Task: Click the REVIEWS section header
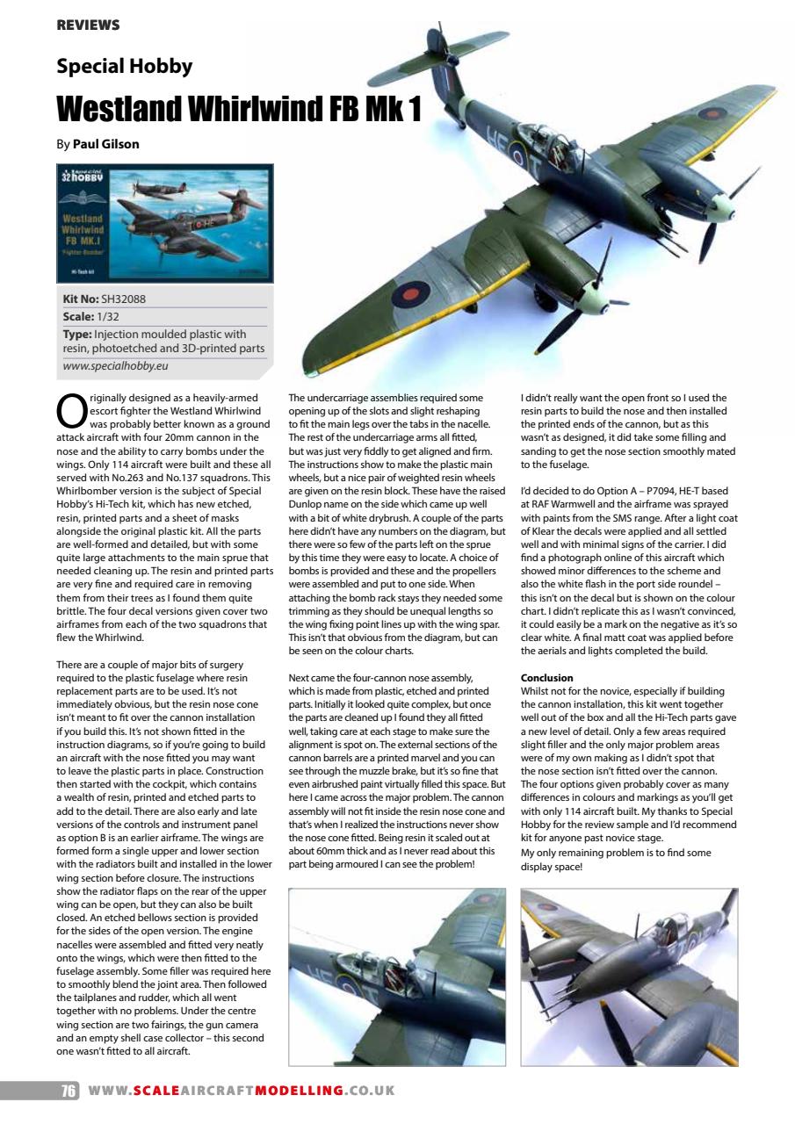[88, 25]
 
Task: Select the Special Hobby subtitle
[124, 66]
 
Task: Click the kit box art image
[165, 223]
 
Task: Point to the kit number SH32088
[124, 299]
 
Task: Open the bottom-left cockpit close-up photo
[397, 977]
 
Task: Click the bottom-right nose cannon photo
[629, 977]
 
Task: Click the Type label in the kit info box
[79, 334]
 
